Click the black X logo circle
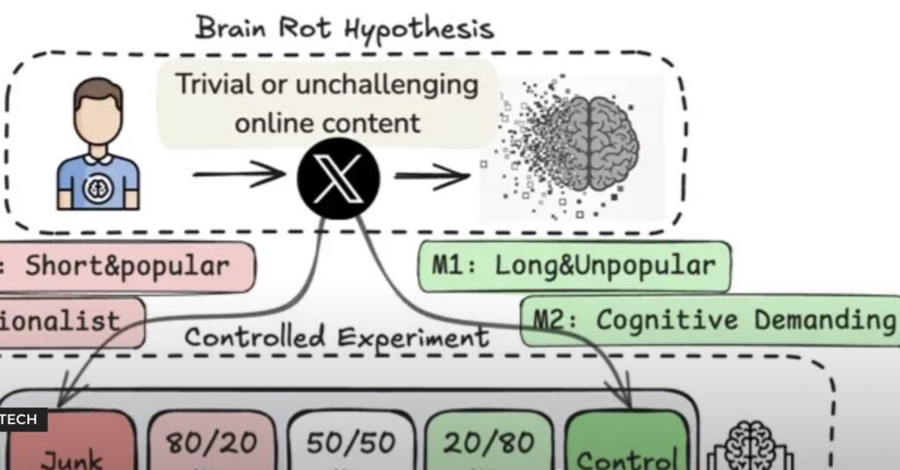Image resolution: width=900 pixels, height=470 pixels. pos(338,180)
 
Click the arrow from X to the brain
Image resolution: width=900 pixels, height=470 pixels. pos(432,177)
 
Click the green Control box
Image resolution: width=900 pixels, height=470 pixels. pos(626,447)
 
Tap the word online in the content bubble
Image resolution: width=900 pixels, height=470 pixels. pos(275,122)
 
